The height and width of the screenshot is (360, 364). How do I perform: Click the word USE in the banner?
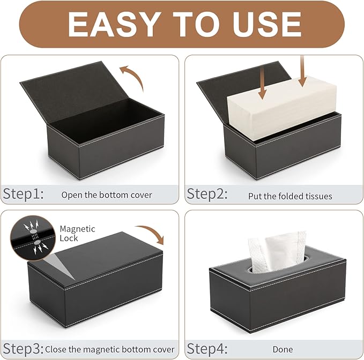click(x=264, y=25)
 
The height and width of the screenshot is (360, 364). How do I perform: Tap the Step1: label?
click(x=24, y=194)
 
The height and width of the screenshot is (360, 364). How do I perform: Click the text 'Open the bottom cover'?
click(x=107, y=195)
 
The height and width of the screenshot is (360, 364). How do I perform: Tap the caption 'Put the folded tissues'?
click(x=290, y=196)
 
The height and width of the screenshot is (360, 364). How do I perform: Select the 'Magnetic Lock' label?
click(x=69, y=233)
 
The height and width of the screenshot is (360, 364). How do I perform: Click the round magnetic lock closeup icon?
click(x=33, y=234)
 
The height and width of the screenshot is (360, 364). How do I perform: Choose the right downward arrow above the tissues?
click(x=302, y=72)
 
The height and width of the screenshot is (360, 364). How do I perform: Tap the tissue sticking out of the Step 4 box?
click(x=276, y=251)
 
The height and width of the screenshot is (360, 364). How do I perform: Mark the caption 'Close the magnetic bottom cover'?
click(x=110, y=349)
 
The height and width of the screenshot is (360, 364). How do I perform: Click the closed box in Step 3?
click(x=94, y=287)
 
